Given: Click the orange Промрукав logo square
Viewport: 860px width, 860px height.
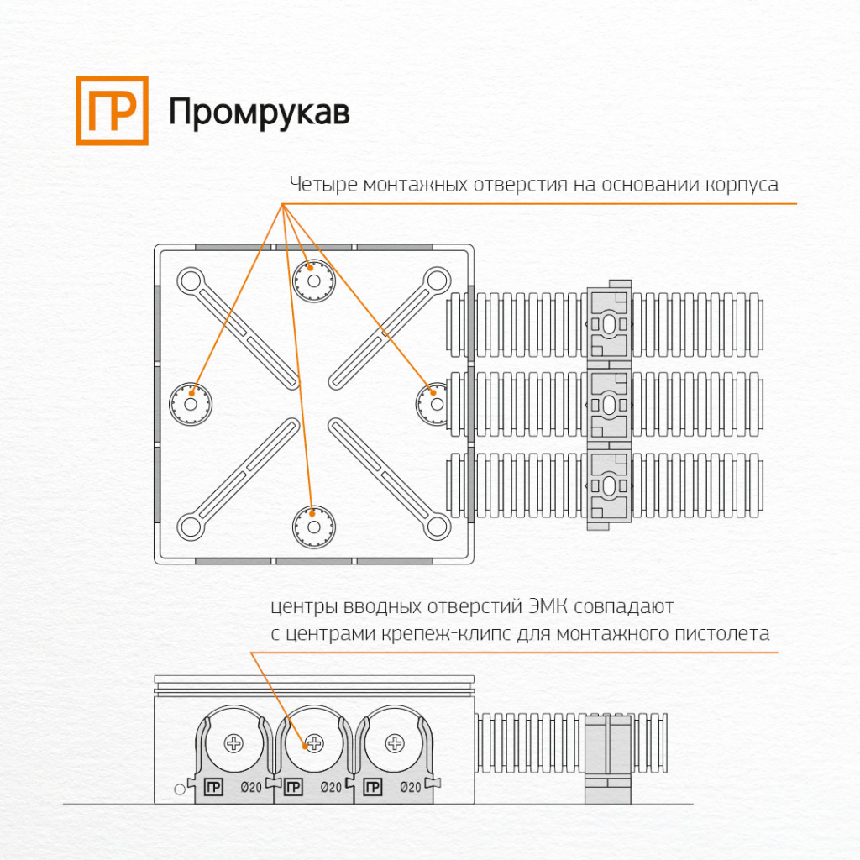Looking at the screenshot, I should coord(112,110).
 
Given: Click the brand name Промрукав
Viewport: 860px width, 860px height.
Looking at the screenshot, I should coord(259,113).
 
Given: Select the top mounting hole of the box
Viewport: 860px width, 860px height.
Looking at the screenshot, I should coord(313,280).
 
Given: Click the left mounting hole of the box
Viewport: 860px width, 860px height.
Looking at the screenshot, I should coord(191,404).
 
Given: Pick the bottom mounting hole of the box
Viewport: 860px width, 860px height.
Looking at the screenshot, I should coord(313,526).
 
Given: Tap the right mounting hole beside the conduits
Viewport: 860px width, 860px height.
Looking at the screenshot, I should coord(435,404).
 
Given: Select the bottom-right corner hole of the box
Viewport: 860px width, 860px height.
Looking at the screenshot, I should coord(436,527).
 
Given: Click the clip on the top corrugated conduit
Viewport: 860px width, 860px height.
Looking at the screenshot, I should coord(609,323).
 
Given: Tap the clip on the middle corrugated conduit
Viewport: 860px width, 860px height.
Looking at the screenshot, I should coord(609,405).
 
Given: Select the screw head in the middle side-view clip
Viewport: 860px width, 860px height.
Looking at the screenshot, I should coord(313,742).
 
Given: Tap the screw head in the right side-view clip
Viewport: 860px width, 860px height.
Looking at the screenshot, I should coord(394,742).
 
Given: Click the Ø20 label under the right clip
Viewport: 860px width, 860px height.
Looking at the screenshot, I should coord(410,787).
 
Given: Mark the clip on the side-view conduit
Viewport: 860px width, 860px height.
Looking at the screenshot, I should coord(607,758).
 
